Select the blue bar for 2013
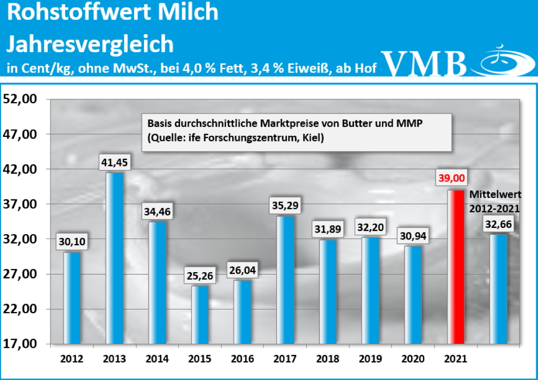click(115, 258)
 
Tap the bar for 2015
click(200, 314)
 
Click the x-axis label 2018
click(328, 359)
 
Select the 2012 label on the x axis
click(71, 359)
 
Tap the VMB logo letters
click(425, 63)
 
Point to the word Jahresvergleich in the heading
click(90, 44)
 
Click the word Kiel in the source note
click(311, 138)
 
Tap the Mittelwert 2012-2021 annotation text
click(494, 201)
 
